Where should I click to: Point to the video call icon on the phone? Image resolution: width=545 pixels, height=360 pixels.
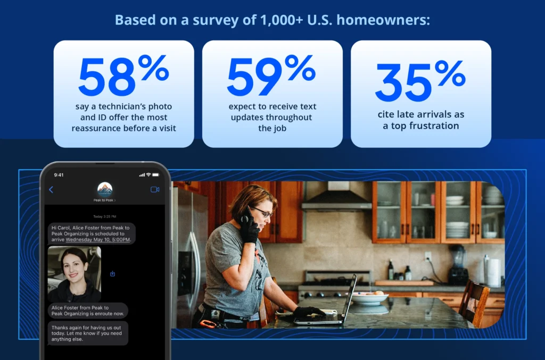pos(155,189)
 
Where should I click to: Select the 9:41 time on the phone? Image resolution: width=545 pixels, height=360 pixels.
pos(59,174)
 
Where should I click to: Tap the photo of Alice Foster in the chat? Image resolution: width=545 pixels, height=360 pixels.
pos(74,274)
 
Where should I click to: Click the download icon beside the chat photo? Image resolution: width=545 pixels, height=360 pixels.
pos(112,274)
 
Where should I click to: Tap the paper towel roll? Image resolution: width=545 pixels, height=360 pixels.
pos(494,272)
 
